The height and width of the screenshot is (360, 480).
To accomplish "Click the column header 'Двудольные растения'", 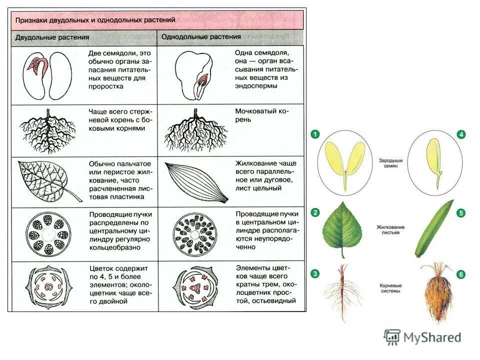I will [52, 37].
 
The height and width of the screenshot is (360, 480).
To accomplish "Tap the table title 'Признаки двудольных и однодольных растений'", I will [95, 20].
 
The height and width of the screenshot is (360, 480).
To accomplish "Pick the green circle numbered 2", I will [315, 212].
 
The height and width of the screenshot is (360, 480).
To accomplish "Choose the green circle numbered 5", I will [460, 213].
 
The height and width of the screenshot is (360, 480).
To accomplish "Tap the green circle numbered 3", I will [315, 273].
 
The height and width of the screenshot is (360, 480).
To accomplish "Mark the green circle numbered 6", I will [460, 274].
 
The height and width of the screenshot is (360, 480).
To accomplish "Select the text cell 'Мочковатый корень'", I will [260, 116].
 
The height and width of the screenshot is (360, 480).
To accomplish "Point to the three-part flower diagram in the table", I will [194, 287].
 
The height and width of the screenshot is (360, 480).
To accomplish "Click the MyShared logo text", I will [432, 337].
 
